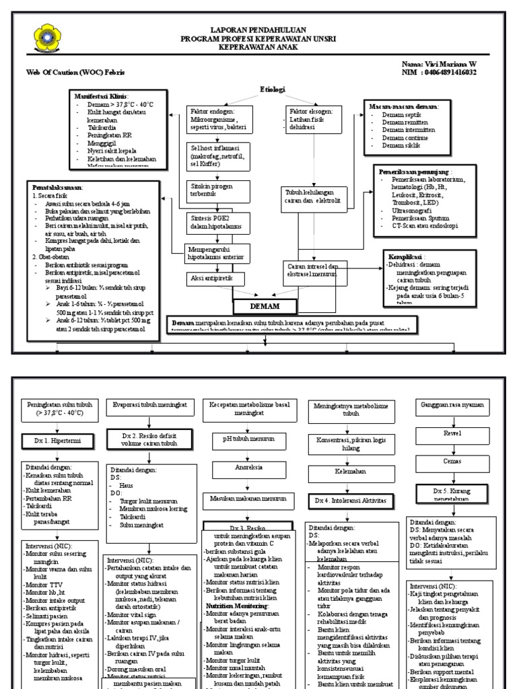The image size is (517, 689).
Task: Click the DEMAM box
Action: (x=265, y=307)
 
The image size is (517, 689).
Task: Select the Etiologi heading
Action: (x=273, y=89)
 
